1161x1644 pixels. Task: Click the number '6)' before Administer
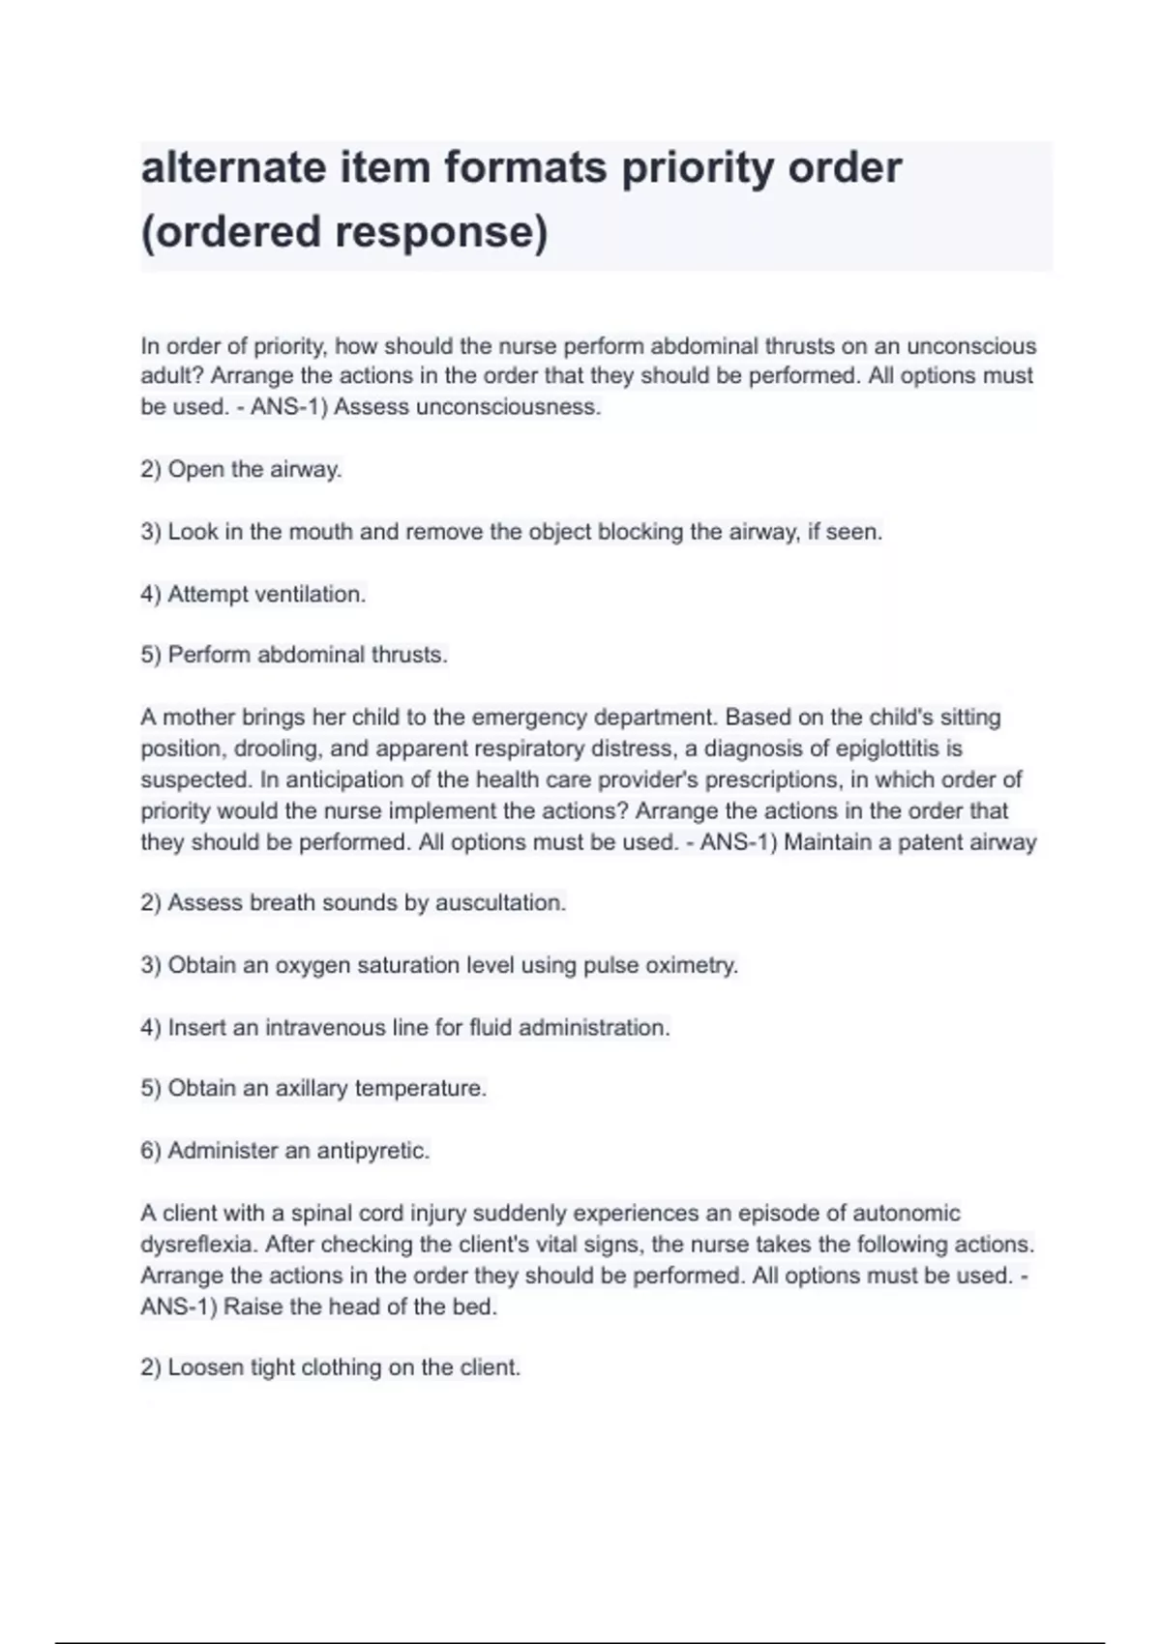click(x=151, y=1151)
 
